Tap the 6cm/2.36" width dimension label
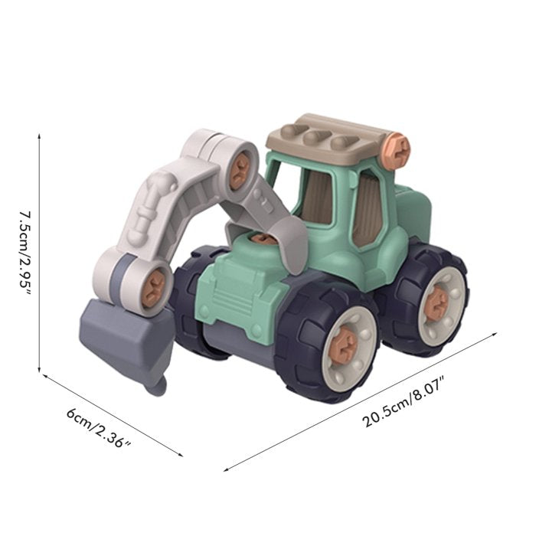coord(100,430)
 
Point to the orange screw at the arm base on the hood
coord(263,239)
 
